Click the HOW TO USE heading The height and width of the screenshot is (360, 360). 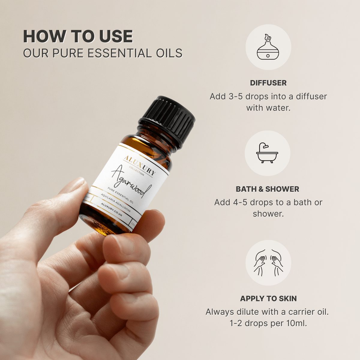pos(78,37)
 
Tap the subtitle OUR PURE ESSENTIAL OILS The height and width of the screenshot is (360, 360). pos(103,53)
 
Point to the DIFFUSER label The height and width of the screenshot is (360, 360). pos(268,83)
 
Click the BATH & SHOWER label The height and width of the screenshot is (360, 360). pos(267,189)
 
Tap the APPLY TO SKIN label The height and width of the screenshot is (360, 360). pos(268,298)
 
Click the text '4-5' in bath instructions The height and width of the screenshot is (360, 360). pos(240,202)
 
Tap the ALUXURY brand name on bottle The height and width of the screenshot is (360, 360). pos(140,165)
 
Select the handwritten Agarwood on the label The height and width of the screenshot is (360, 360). pos(131,182)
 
